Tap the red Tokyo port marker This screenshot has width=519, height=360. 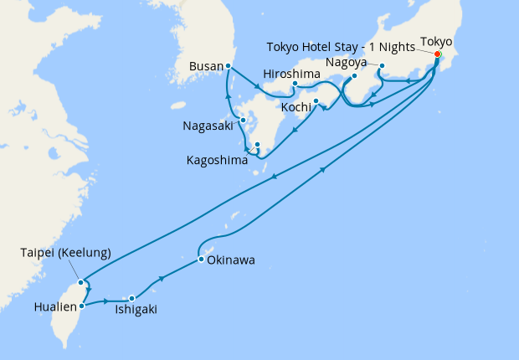tap(437, 54)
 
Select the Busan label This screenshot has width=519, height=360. tap(205, 65)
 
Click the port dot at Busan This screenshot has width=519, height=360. tap(228, 65)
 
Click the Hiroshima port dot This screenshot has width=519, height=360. tap(295, 85)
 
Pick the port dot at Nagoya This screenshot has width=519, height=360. tap(382, 66)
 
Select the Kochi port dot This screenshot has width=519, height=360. tap(316, 102)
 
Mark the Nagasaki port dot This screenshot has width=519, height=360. tap(243, 121)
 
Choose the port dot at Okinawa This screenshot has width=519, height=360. tap(201, 260)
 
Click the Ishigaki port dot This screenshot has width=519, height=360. tap(131, 299)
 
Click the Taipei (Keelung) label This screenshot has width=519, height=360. tap(65, 252)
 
